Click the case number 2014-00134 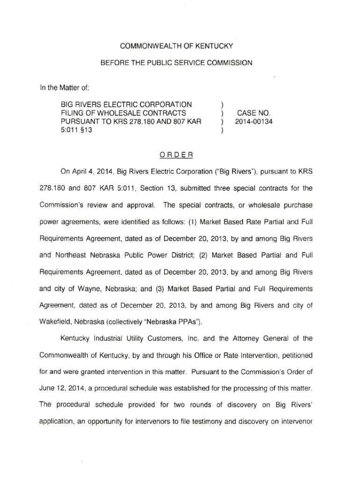tap(254, 121)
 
